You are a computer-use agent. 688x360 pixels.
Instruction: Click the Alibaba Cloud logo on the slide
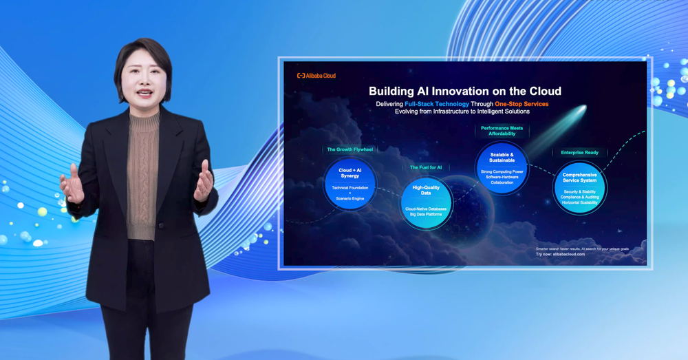(316, 76)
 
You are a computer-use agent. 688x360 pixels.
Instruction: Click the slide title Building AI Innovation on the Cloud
(464, 91)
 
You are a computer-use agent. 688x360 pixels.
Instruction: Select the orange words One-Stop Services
(522, 104)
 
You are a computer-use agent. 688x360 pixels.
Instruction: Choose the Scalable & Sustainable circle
(502, 167)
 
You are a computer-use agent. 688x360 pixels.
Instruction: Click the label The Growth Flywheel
(350, 149)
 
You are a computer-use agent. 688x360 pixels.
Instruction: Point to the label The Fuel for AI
(426, 167)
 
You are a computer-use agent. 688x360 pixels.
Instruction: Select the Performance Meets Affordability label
(502, 131)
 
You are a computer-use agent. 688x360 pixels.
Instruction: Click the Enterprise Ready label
(579, 153)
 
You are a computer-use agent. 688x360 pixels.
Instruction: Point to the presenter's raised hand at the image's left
(72, 184)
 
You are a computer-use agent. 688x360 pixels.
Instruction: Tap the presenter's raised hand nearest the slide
(203, 181)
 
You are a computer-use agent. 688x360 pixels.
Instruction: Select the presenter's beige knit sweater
(142, 172)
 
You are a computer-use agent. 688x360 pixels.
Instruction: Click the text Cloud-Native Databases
(426, 209)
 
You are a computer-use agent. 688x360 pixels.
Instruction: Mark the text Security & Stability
(579, 192)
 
